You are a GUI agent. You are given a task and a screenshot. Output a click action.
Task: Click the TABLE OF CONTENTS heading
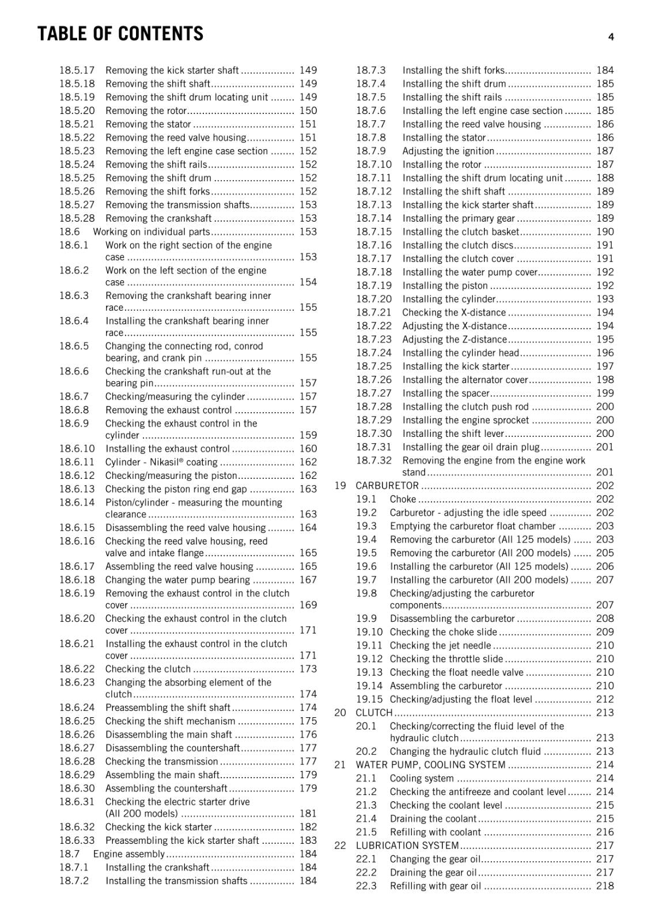pos(120,34)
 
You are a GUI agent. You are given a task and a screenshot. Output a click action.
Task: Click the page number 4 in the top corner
pos(611,37)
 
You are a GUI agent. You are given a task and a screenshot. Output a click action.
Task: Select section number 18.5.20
pos(77,111)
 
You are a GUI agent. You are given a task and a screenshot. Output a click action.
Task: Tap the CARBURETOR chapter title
pos(387,486)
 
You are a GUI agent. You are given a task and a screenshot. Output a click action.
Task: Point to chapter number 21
pos(340,765)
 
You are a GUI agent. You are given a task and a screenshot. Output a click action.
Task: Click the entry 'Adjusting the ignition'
pos(448,151)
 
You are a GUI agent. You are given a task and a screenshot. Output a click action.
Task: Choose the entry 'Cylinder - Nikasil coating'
pos(161,462)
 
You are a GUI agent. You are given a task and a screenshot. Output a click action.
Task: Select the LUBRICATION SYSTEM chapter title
pos(407,846)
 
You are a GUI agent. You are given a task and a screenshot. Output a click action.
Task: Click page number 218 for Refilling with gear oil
pos(605,886)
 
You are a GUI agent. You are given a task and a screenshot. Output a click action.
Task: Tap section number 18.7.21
pos(373,313)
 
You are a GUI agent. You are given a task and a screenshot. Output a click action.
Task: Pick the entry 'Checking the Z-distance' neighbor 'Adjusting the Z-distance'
pos(455,340)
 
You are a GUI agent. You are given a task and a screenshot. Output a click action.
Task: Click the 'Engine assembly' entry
pos(129,854)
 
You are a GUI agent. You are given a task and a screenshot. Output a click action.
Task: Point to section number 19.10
pos(369,632)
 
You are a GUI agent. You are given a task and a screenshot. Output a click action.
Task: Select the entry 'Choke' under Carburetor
pos(403,499)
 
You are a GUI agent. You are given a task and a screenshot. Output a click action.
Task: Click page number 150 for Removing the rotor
pos(308,111)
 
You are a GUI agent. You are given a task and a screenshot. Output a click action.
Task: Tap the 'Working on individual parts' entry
pos(152,232)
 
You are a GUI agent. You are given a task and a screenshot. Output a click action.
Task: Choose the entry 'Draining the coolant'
pos(433,819)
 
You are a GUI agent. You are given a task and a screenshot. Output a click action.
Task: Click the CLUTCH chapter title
pos(374,713)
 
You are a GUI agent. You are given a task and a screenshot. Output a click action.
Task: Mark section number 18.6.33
pos(77,840)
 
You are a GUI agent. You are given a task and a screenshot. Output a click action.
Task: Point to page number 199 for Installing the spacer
pos(605,393)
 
